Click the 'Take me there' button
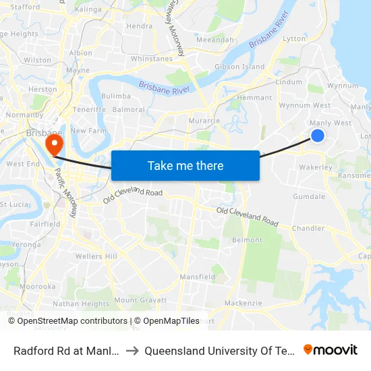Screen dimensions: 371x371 (x=185, y=165)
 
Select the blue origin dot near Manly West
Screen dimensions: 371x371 (x=317, y=136)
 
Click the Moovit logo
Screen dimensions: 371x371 (x=331, y=349)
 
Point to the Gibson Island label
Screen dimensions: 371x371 (x=239, y=67)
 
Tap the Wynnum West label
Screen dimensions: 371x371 (x=304, y=105)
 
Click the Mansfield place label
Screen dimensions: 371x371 (x=197, y=277)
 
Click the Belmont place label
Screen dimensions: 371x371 (x=247, y=240)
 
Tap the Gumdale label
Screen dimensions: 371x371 (x=309, y=196)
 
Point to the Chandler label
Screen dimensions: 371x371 (x=308, y=229)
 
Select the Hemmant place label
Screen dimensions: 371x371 (x=254, y=98)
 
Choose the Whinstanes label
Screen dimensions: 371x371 (x=152, y=59)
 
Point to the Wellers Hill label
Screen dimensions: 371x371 (x=96, y=256)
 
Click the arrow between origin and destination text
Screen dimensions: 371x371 (x=133, y=350)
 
